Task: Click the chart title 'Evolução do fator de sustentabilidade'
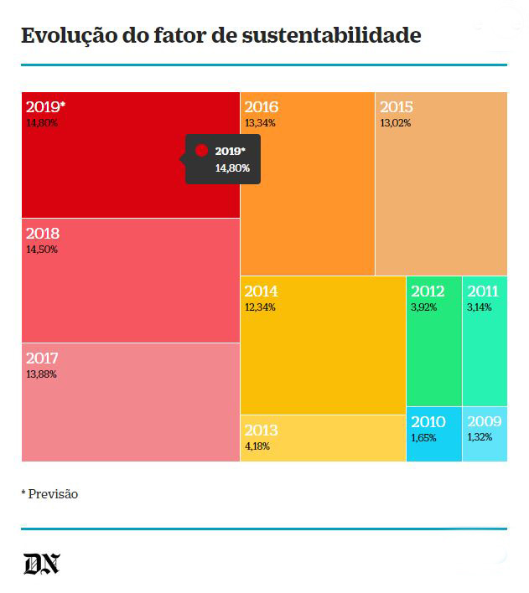(220, 36)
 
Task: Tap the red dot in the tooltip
(201, 151)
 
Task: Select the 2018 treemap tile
(130, 281)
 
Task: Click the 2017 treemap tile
(130, 402)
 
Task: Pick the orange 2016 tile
(307, 184)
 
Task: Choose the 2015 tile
(441, 184)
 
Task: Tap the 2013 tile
(323, 438)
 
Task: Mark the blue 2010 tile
(433, 434)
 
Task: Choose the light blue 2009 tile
(485, 434)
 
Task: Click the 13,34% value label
(260, 123)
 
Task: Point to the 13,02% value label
(396, 123)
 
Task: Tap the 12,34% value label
(260, 307)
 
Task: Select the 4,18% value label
(257, 446)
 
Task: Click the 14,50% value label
(42, 250)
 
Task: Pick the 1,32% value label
(480, 437)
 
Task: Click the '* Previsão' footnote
(49, 494)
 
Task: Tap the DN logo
(41, 564)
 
